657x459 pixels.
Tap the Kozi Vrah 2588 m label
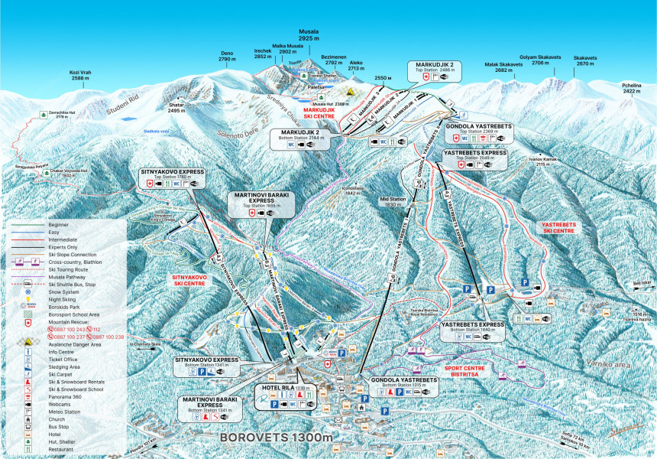click(81, 75)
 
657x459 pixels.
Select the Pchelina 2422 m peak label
click(632, 88)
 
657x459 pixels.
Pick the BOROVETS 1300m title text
click(277, 438)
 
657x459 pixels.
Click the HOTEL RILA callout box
click(286, 397)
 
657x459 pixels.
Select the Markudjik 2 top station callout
click(434, 70)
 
